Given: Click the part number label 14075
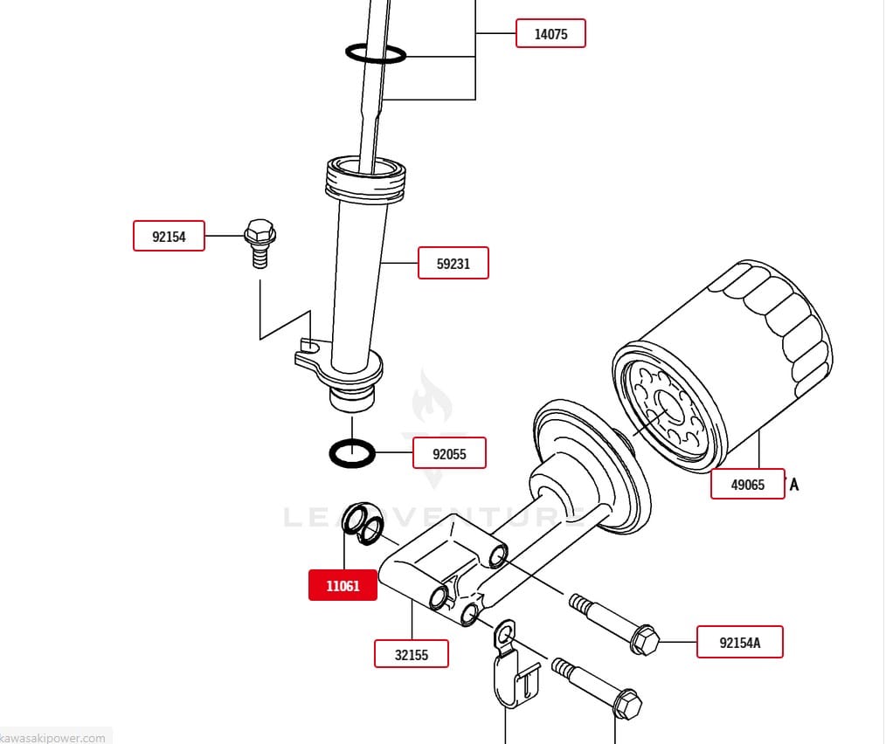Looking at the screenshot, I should (550, 34).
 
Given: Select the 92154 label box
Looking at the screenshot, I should (169, 236).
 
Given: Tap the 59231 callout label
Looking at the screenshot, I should (453, 263).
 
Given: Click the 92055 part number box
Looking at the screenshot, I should (449, 453).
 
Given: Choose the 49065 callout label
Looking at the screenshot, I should (747, 484).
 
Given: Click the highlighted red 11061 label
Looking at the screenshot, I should (343, 585).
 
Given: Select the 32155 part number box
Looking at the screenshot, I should (412, 653).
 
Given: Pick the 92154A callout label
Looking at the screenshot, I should (739, 643).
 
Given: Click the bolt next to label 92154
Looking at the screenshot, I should (260, 242).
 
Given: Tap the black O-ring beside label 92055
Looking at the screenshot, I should (352, 453).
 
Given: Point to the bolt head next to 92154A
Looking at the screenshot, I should (643, 640).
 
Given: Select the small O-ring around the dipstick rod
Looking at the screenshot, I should (376, 53).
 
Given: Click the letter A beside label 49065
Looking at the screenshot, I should (793, 484).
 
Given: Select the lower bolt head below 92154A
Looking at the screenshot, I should (627, 704).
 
